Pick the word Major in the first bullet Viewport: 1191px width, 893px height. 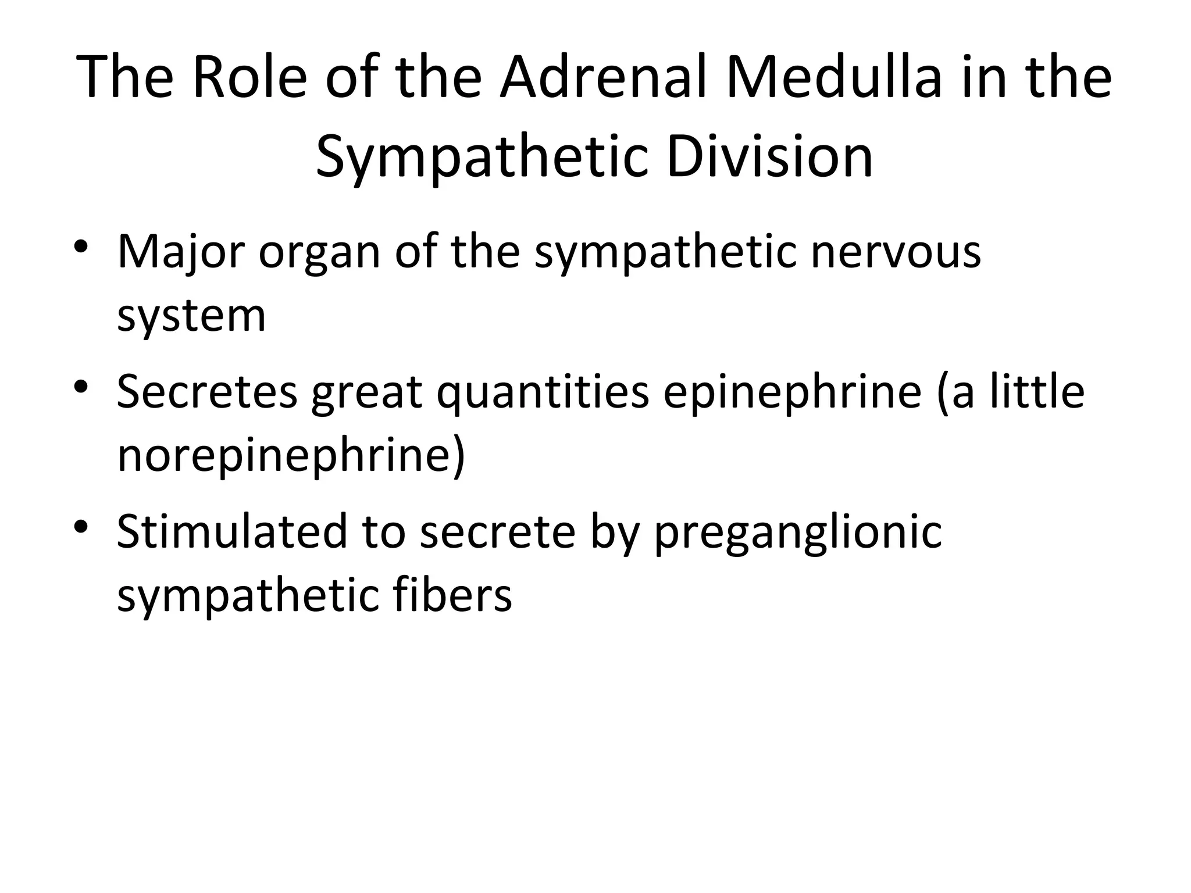tap(180, 252)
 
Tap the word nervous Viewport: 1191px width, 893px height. tap(896, 252)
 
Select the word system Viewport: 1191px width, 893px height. tap(191, 317)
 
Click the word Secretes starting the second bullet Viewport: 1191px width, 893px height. tap(207, 392)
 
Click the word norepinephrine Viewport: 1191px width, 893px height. tap(291, 457)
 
